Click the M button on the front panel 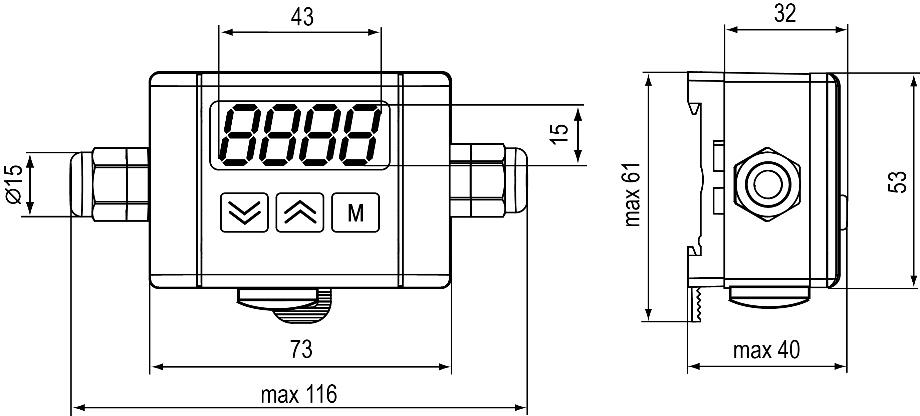tap(356, 213)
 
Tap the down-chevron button tap(244, 213)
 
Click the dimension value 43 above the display tap(302, 17)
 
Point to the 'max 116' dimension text tap(298, 394)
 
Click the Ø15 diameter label tap(14, 184)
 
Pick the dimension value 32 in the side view tap(785, 14)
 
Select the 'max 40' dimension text tap(766, 350)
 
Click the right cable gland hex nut tap(487, 180)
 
